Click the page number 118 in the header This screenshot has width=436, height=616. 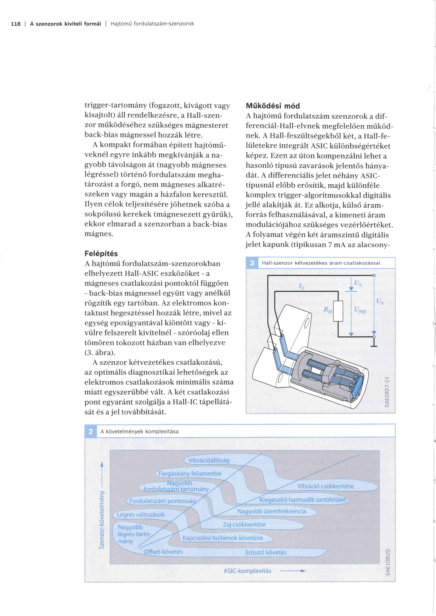coord(16,24)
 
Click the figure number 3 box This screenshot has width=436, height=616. coord(252,263)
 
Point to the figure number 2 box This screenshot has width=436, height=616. coord(91,431)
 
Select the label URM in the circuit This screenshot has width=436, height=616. coord(360,310)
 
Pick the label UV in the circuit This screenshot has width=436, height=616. coord(380,301)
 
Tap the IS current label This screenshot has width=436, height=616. coord(302,286)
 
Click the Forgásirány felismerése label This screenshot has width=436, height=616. coord(190,474)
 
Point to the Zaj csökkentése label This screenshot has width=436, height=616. coord(244,524)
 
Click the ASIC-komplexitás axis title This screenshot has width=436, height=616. coord(247,571)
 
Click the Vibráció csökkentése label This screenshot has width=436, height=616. coord(325,486)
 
